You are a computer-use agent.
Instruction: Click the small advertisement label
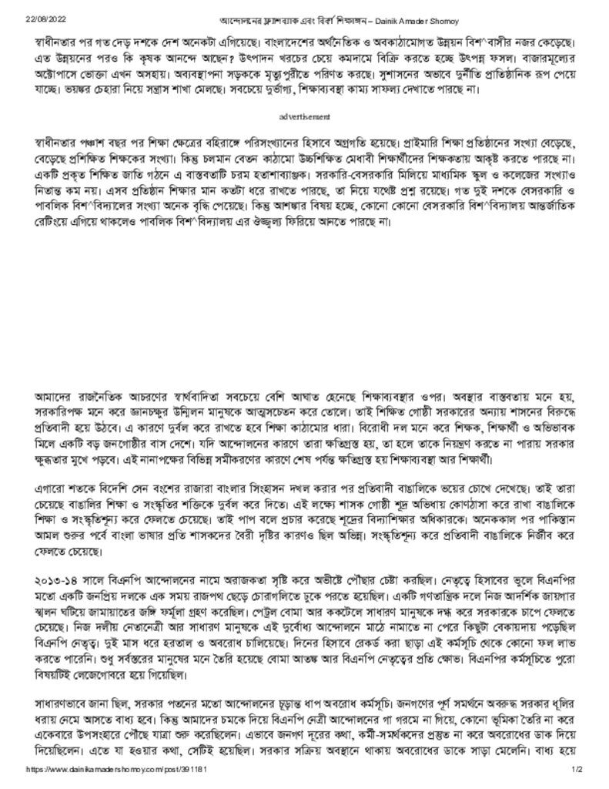305,116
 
